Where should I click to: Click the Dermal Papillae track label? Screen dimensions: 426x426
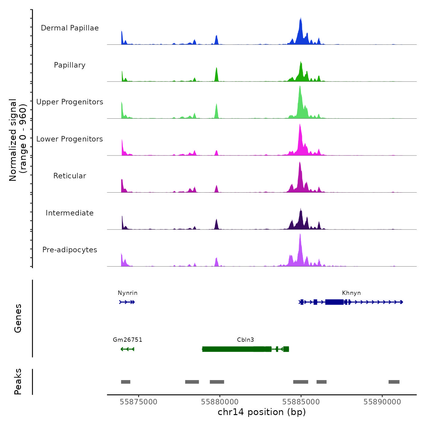tap(70, 28)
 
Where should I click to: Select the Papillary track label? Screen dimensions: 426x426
tap(70, 65)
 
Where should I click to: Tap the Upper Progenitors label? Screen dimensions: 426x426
tap(70, 102)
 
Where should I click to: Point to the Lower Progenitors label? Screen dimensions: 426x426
tap(70, 139)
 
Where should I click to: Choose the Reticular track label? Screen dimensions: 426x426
tap(70, 176)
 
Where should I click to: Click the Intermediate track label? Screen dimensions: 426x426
tap(70, 213)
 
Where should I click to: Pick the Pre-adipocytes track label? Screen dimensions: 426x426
tap(70, 250)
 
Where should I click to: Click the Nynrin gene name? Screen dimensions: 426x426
tap(127, 293)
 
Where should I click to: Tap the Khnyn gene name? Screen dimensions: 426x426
tap(351, 293)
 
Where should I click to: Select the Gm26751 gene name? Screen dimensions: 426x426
tap(127, 340)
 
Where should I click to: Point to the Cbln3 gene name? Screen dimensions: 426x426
tap(245, 340)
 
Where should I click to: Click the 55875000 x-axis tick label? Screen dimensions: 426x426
tap(138, 402)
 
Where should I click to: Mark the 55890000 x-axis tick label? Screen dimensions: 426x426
tap(382, 402)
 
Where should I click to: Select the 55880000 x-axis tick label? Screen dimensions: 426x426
tap(220, 402)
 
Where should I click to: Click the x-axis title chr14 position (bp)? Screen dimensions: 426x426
tap(262, 412)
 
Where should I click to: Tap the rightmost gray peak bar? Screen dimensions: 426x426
tap(394, 382)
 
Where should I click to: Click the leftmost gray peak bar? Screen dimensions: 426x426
tap(126, 382)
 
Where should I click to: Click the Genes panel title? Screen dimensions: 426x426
tap(18, 318)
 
